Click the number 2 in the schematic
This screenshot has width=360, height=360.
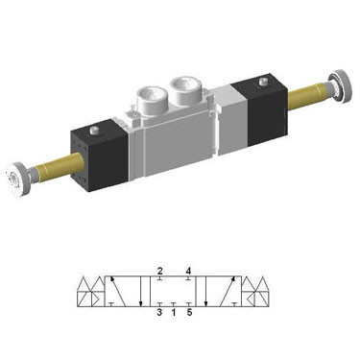click(160, 271)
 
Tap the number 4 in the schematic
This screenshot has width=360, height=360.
click(189, 271)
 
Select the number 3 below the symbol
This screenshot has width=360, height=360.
click(159, 311)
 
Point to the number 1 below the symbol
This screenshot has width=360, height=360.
click(173, 311)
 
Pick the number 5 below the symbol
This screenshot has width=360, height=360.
click(189, 311)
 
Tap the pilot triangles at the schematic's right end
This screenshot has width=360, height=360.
click(257, 291)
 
